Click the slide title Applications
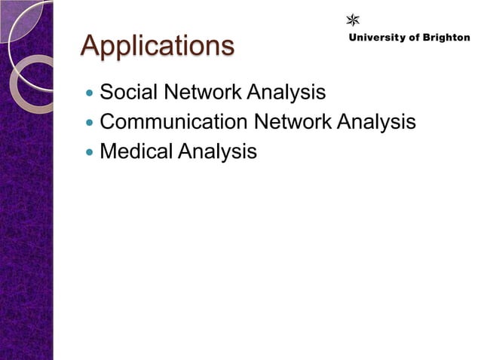[x=158, y=47]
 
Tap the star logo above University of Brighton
[x=352, y=20]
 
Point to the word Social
[x=124, y=93]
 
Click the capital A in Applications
[x=91, y=45]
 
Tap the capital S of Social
[x=107, y=93]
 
